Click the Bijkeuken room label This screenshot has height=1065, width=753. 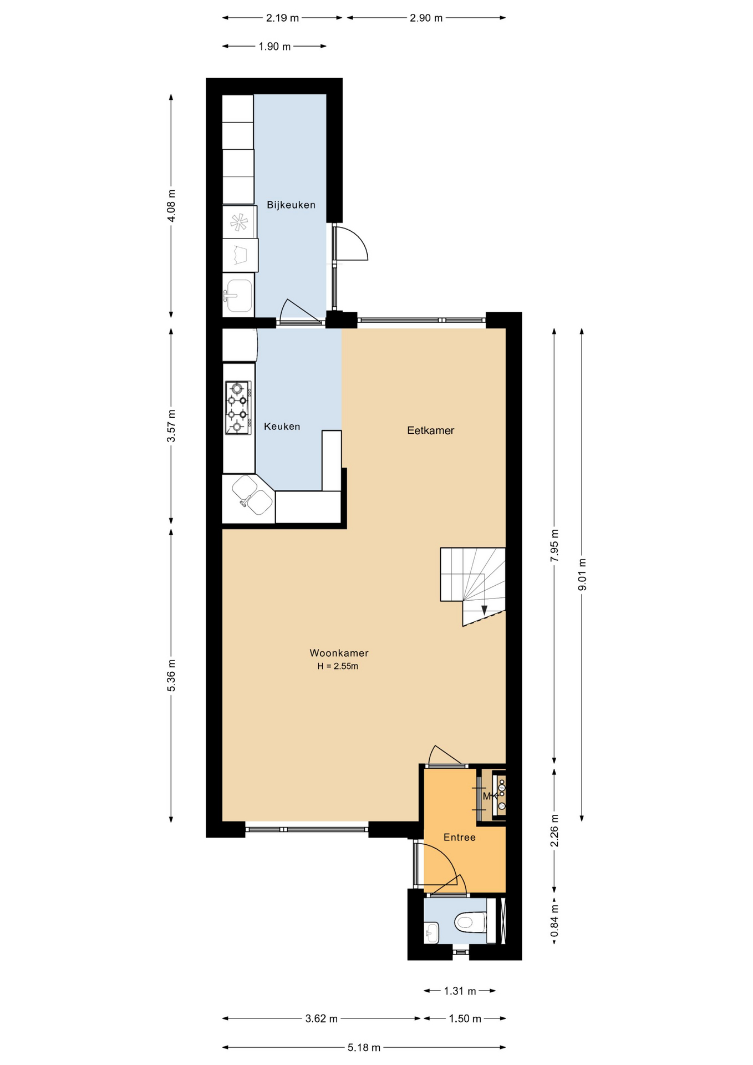pyautogui.click(x=291, y=205)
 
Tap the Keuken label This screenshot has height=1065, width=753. pyautogui.click(x=282, y=427)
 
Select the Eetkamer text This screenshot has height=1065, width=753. pyautogui.click(x=430, y=430)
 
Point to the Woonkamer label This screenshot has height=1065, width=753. pyautogui.click(x=339, y=653)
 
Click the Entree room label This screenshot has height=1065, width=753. pyautogui.click(x=459, y=838)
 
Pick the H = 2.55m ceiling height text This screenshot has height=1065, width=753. pyautogui.click(x=338, y=666)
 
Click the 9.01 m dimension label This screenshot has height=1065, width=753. pyautogui.click(x=582, y=574)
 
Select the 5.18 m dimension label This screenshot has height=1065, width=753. pyautogui.click(x=364, y=1048)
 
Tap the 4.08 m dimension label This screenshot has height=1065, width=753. pyautogui.click(x=171, y=206)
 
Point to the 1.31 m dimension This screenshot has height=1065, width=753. pyautogui.click(x=460, y=991)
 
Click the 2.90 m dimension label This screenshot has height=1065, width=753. pyautogui.click(x=426, y=18)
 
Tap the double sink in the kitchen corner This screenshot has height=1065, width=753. pyautogui.click(x=252, y=495)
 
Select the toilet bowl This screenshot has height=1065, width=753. pyautogui.click(x=470, y=922)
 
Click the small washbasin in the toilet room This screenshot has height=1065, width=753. pyautogui.click(x=431, y=932)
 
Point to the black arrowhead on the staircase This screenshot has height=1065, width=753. pyautogui.click(x=484, y=610)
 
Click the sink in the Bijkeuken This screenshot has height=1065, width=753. pyautogui.click(x=238, y=295)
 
